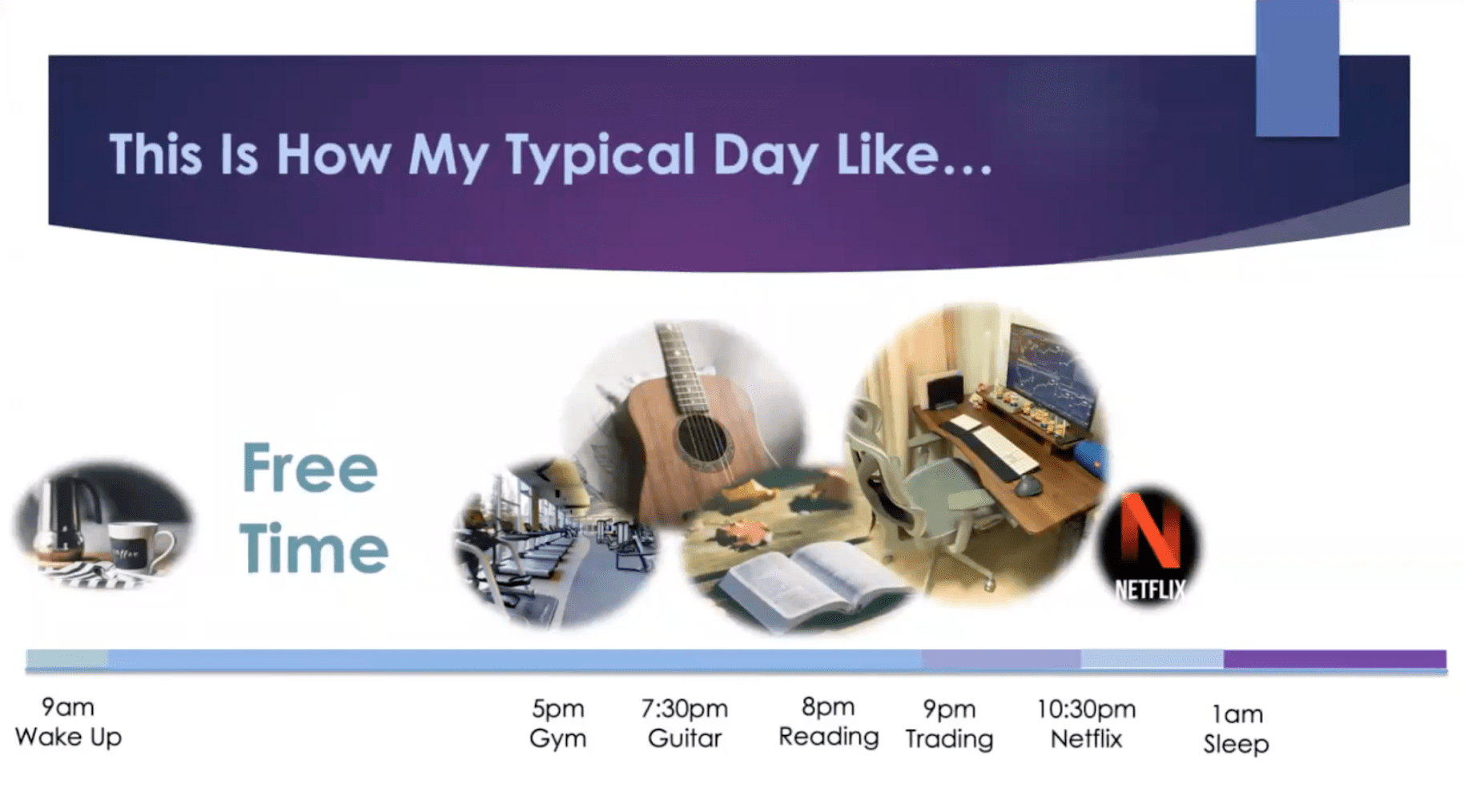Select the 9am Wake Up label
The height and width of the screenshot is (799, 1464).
coord(68,722)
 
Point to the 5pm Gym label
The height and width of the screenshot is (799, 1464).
coord(558,724)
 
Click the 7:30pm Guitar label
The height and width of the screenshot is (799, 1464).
coord(685,724)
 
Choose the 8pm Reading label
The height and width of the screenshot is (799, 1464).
coord(828,722)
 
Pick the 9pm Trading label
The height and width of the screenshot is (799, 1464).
coord(949,724)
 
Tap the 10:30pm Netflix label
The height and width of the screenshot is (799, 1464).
coord(1086,724)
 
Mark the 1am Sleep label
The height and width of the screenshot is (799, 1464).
coord(1236,729)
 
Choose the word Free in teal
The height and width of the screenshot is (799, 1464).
coord(310,469)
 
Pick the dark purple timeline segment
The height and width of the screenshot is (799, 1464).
coord(1334,659)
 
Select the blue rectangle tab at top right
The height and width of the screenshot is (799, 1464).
coord(1297,68)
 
